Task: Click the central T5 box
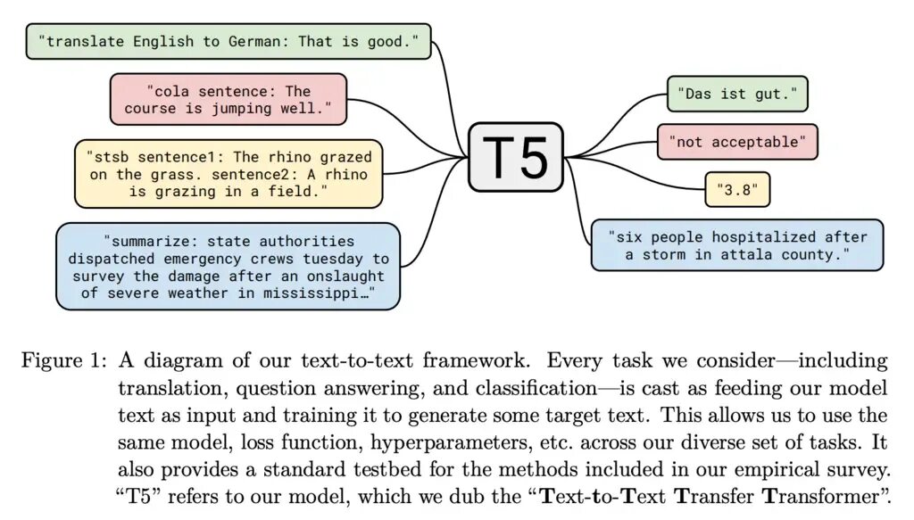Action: [x=515, y=157]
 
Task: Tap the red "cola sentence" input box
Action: [x=228, y=99]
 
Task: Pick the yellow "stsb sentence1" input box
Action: [x=228, y=175]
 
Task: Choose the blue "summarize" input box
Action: [x=228, y=267]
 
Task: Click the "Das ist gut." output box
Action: [x=736, y=93]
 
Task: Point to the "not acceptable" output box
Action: [x=736, y=142]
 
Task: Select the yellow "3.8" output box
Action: [x=736, y=188]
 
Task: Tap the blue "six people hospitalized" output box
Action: [x=736, y=245]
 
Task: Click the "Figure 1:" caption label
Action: [x=62, y=361]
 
